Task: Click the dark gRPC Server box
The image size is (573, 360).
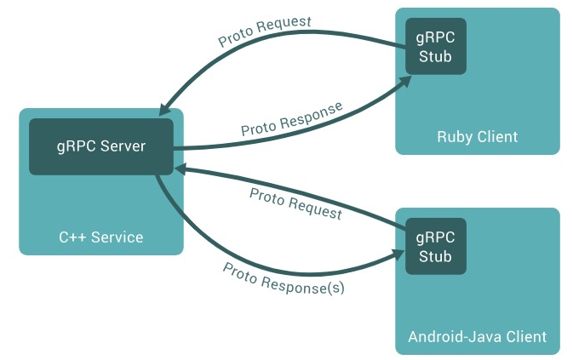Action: click(101, 146)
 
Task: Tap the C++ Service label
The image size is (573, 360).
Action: click(100, 237)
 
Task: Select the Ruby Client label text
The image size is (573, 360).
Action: click(477, 136)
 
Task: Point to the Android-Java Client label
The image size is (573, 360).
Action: click(477, 336)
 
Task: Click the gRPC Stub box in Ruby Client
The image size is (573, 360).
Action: click(435, 48)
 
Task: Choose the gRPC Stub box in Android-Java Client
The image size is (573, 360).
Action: click(435, 247)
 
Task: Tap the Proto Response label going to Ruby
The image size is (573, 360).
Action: click(291, 119)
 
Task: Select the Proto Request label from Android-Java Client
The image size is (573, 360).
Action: click(295, 203)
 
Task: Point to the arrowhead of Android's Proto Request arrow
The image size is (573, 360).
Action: click(180, 169)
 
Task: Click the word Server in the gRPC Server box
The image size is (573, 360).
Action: click(123, 146)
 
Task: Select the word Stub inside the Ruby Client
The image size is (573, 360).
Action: click(435, 57)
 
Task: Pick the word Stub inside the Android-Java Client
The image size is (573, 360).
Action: click(435, 256)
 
